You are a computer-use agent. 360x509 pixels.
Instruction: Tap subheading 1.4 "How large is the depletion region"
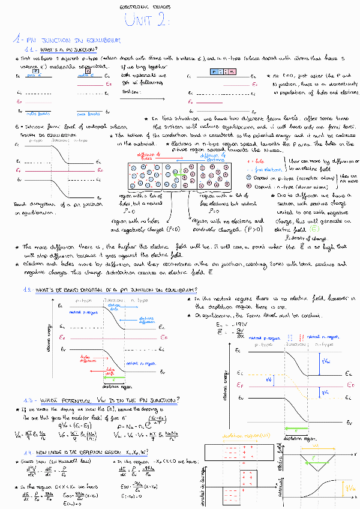coord(98,453)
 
